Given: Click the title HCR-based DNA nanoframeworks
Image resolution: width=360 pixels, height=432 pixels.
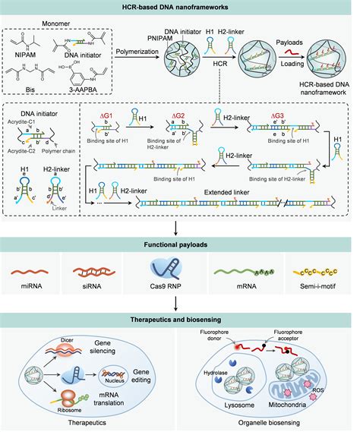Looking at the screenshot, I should click(180, 7).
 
